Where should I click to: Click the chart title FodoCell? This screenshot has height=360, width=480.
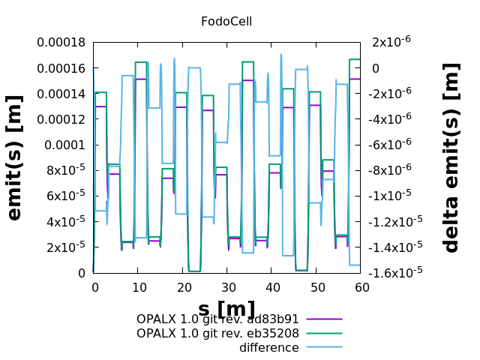coord(226,21)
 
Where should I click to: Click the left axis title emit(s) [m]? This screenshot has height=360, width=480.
coord(14,157)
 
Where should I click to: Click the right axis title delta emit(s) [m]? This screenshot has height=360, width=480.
coord(451,157)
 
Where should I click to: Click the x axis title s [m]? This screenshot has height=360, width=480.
coord(226,307)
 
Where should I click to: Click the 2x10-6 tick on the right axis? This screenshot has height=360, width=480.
coord(389,43)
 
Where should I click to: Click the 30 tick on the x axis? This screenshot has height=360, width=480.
coord(226,287)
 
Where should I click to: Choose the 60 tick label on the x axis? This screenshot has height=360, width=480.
coord(360,287)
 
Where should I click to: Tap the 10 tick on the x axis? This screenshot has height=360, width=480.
coord(138,287)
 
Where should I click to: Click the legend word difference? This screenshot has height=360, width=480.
coord(268,348)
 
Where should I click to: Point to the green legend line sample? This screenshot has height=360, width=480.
coord(323,334)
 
